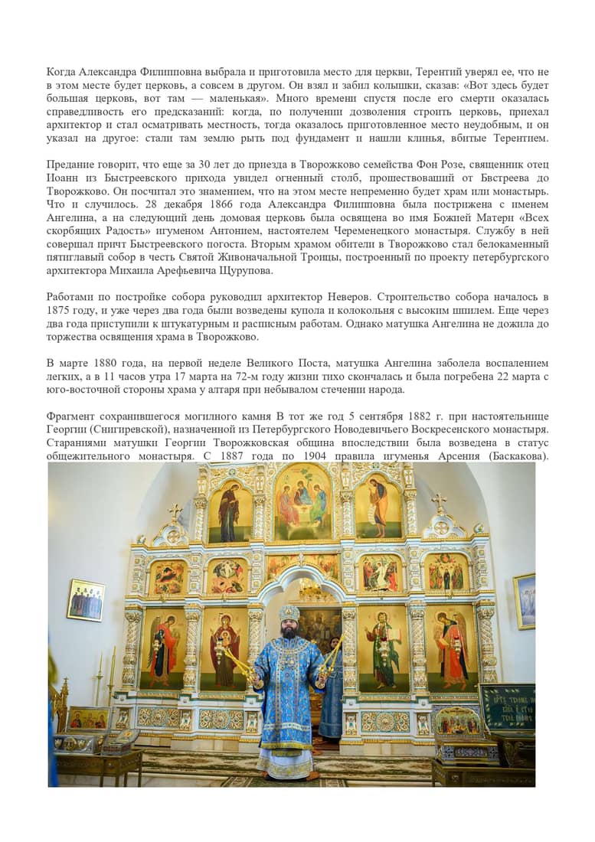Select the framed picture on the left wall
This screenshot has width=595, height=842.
[x=86, y=599]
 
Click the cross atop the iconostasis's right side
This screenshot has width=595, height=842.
[x=440, y=502]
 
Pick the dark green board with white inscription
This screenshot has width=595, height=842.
[x=507, y=704]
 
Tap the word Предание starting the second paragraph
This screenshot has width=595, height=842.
[x=71, y=165]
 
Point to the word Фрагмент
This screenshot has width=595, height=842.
[x=74, y=416]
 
